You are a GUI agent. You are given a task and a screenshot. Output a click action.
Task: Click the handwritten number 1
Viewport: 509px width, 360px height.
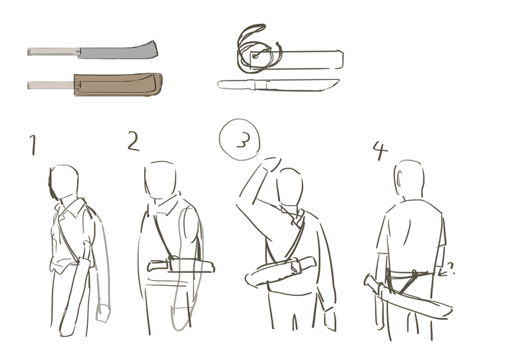(x=33, y=145)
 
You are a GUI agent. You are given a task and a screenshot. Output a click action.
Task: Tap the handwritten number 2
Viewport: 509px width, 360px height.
(x=133, y=141)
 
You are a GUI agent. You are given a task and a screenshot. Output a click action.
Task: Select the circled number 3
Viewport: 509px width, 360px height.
(x=240, y=140)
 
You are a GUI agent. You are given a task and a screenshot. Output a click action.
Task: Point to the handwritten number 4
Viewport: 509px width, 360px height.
(x=380, y=150)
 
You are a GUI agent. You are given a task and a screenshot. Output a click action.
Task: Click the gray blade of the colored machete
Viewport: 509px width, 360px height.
(x=119, y=51)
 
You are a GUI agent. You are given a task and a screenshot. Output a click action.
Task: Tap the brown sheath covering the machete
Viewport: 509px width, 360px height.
(x=118, y=85)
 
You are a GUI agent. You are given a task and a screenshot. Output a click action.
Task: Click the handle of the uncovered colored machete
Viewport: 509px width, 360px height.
(x=53, y=52)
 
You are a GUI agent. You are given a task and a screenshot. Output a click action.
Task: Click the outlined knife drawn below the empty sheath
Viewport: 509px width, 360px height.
(x=278, y=85)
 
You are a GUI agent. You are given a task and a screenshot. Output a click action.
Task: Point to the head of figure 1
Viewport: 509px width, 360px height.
(x=63, y=181)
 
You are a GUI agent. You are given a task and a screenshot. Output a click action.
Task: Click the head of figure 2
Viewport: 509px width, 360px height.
(x=161, y=180)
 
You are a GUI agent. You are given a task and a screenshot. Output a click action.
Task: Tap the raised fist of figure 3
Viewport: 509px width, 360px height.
(x=271, y=164)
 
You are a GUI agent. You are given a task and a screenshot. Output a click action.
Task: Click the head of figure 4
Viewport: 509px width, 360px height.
(x=409, y=179)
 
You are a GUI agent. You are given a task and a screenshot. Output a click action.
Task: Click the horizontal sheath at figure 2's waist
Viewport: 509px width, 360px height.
(x=181, y=265)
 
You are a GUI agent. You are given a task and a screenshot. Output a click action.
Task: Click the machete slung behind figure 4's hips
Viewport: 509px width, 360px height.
(x=408, y=297)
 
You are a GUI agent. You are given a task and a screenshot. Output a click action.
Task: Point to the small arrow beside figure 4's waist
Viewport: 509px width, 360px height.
(x=446, y=270)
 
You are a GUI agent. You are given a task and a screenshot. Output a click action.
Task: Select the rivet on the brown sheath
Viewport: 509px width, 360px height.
(x=78, y=85)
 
